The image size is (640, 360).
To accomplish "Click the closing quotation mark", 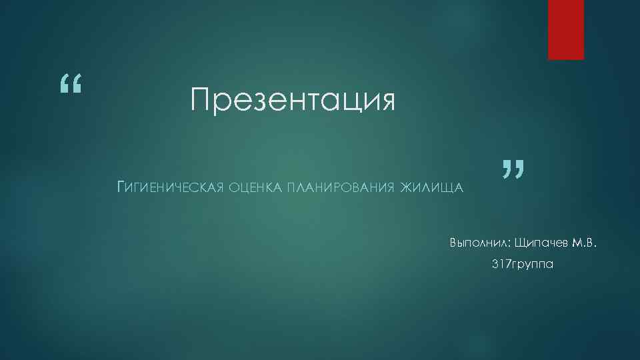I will point(511,170).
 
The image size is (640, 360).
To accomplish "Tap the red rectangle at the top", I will point(566,29).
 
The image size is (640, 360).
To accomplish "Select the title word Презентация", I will point(292,101).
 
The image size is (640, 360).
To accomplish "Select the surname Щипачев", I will point(539,241).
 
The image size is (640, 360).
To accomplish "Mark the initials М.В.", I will point(582,241).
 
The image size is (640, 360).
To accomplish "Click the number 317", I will point(500,265).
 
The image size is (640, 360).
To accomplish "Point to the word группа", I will point(532,265).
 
